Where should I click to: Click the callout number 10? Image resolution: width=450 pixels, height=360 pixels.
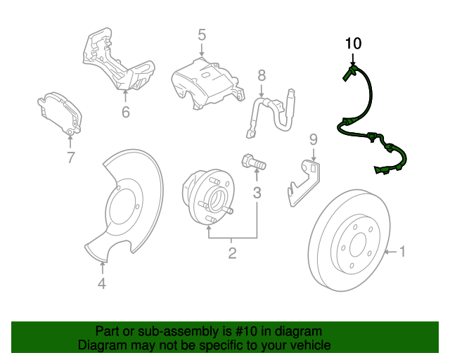352,44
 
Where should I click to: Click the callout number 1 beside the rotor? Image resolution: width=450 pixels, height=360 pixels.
403,250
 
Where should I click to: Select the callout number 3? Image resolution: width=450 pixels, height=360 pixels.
257,192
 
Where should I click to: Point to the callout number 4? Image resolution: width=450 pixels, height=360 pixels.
102,284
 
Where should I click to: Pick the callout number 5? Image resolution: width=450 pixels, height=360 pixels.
201,34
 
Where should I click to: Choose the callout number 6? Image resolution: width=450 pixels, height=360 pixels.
125,111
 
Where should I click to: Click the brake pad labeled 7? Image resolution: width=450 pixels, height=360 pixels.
59,112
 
